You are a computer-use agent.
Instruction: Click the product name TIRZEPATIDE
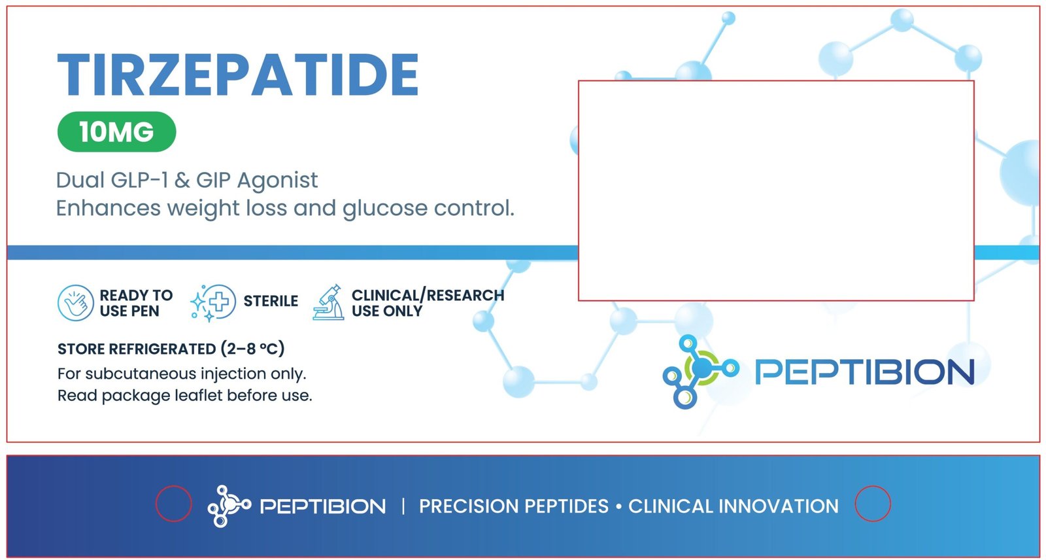point(238,75)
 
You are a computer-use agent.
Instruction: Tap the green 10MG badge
point(116,132)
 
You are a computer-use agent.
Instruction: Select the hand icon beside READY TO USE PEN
point(76,303)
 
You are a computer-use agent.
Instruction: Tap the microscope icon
point(329,303)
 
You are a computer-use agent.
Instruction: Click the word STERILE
point(271,301)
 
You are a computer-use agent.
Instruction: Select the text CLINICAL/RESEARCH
point(428,295)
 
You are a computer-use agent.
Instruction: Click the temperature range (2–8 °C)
point(252,349)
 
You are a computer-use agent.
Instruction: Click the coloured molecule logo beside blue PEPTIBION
point(699,370)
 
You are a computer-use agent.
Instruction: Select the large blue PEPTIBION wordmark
point(864,372)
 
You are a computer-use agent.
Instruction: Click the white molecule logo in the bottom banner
point(228,506)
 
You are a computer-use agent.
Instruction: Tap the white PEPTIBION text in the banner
point(322,506)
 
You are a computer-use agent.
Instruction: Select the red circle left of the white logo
point(173,504)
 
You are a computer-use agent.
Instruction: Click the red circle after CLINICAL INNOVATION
point(873,504)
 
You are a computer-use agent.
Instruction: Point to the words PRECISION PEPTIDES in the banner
point(513,506)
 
